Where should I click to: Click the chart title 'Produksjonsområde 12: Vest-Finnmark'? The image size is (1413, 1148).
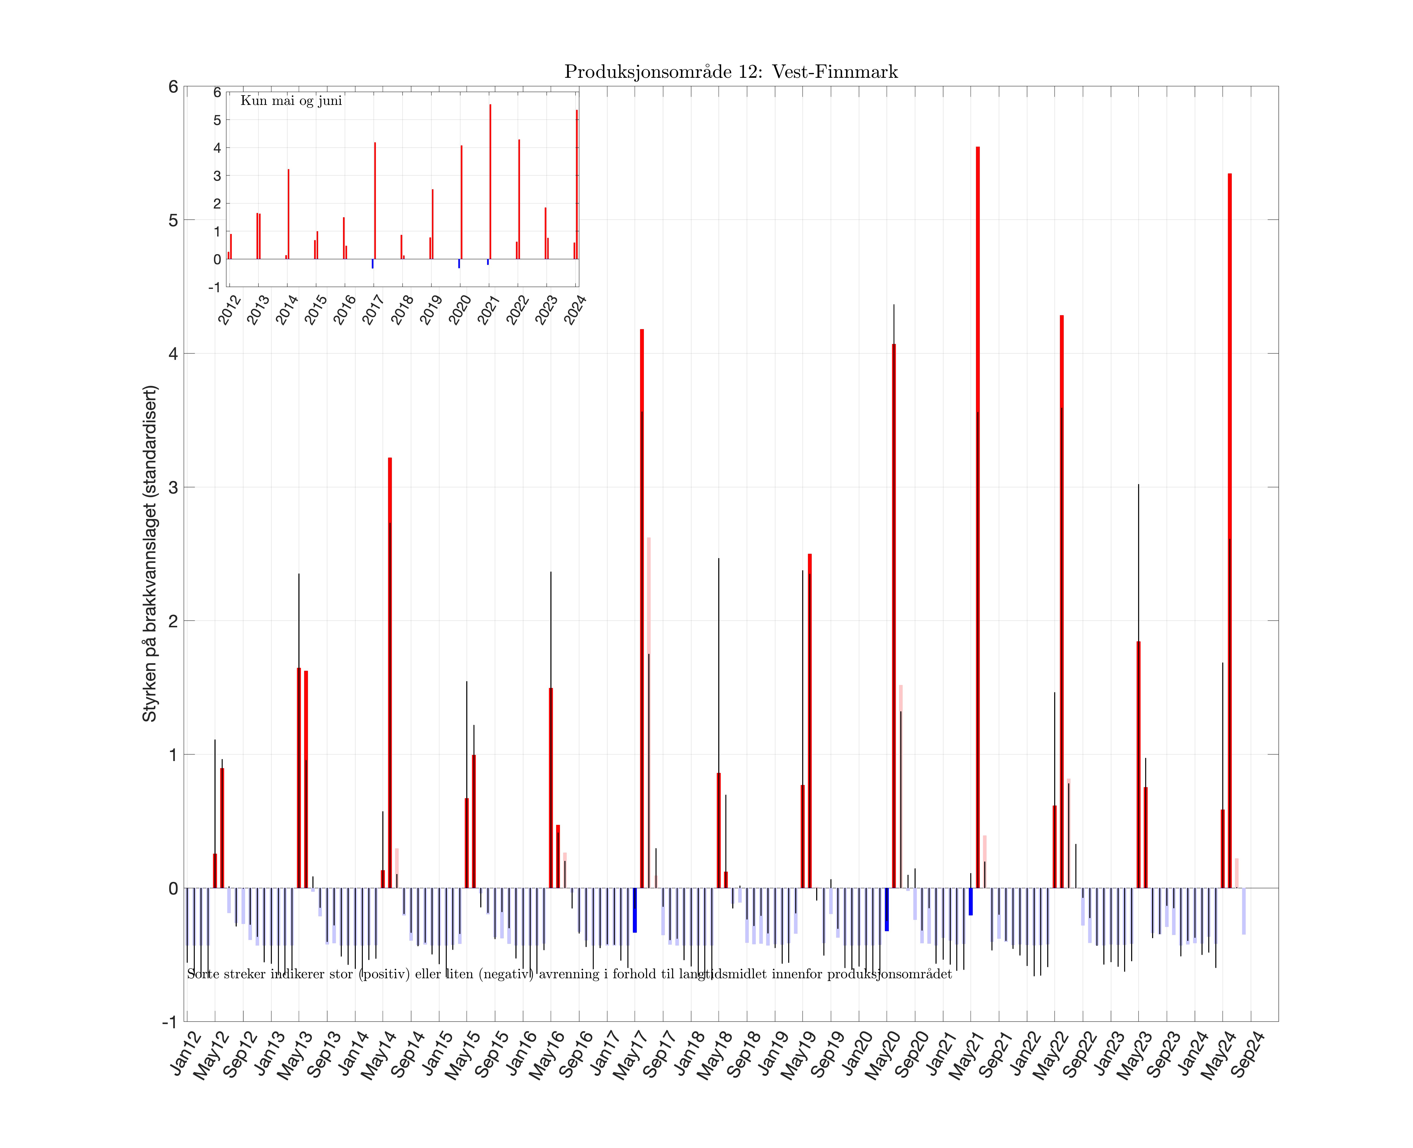731,71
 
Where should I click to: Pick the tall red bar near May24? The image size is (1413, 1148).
1229,529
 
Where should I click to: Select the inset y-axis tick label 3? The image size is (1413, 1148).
217,176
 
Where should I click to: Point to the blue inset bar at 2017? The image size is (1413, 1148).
372,263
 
